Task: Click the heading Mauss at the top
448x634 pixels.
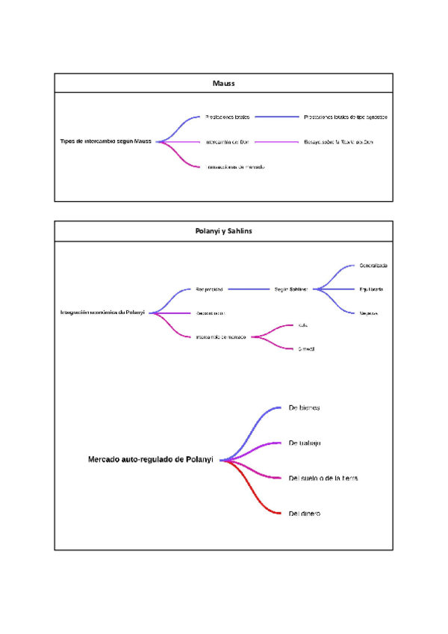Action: click(223, 83)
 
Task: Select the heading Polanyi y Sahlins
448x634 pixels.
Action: click(223, 231)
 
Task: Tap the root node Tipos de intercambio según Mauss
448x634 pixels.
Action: click(106, 141)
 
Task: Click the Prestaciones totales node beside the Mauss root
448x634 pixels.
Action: click(227, 117)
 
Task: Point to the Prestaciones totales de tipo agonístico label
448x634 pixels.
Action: click(345, 117)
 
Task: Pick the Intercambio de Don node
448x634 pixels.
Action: click(226, 141)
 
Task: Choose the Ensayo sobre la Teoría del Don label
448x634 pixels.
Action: click(338, 141)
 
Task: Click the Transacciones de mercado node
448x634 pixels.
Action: click(234, 167)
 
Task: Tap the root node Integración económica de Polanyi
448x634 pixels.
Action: click(102, 313)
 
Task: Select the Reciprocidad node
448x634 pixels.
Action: click(209, 289)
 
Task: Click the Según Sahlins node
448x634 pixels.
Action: click(291, 289)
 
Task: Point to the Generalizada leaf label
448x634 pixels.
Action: click(373, 265)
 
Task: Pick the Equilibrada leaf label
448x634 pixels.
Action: click(371, 289)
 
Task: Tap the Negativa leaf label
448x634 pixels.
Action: click(368, 313)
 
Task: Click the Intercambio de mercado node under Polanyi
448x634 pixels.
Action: click(221, 336)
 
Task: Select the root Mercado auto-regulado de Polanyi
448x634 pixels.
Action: click(151, 460)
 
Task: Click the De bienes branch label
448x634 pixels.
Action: click(304, 407)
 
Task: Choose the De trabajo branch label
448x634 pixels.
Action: click(305, 443)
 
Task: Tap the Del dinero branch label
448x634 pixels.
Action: click(305, 514)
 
